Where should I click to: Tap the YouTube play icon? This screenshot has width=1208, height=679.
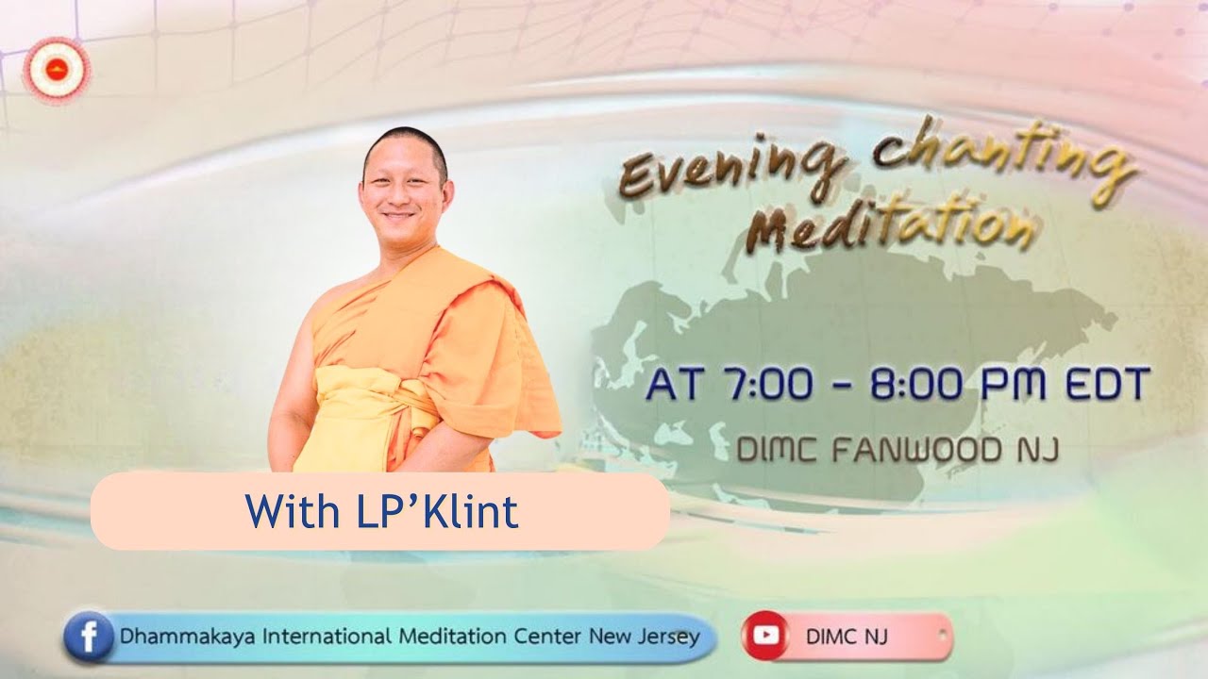(766, 637)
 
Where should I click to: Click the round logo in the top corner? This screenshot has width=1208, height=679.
(57, 71)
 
